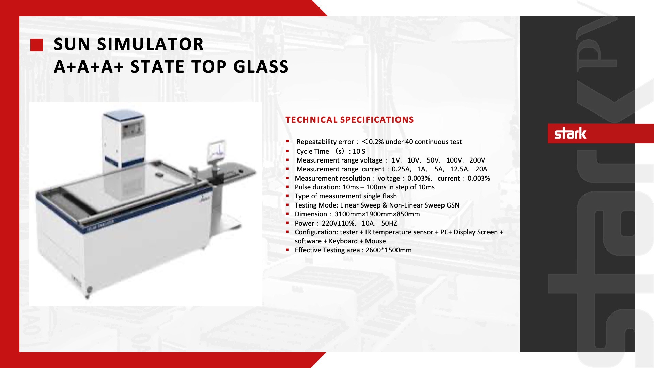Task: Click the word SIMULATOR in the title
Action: point(150,44)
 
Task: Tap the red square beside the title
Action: point(36,45)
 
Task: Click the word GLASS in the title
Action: point(261,66)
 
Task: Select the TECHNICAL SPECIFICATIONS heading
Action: point(349,120)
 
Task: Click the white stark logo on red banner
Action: point(570,133)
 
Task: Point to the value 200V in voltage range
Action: point(477,160)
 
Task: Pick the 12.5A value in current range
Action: point(459,169)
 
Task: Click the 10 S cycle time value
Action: point(359,151)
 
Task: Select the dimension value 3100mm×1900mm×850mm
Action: point(377,214)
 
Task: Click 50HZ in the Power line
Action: point(389,223)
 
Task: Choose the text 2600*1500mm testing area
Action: point(388,250)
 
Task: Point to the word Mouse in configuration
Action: point(375,241)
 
